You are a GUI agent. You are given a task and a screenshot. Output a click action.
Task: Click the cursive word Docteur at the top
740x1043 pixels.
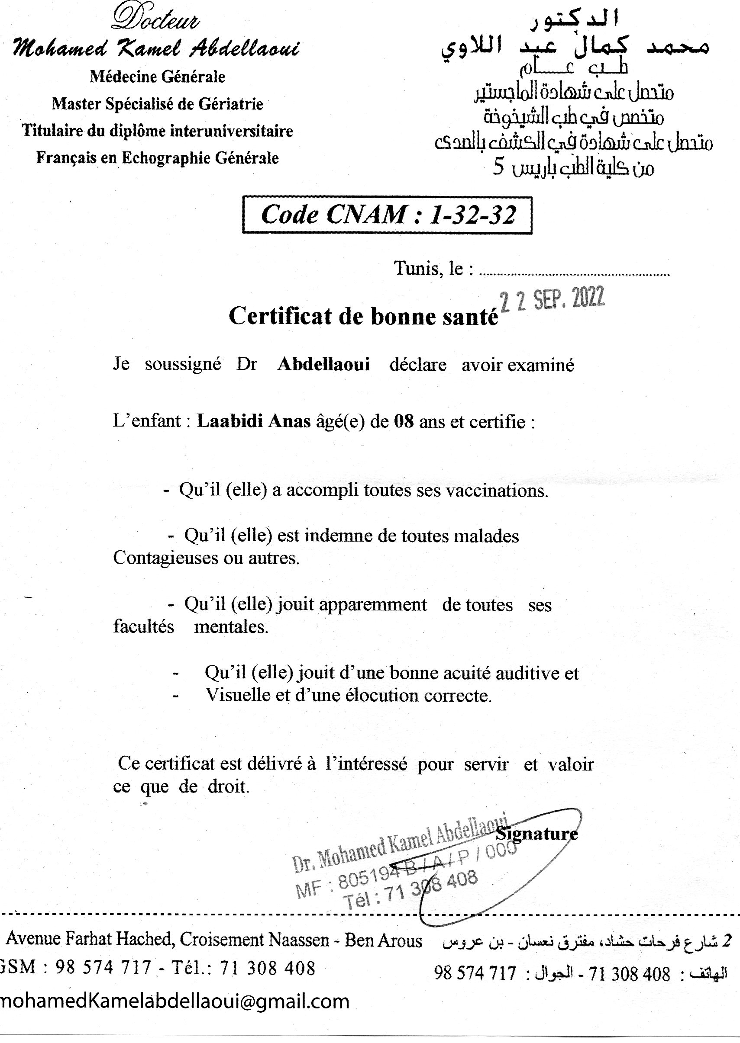click(x=155, y=20)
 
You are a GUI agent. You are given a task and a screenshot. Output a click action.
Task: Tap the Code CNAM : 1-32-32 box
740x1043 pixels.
click(x=387, y=215)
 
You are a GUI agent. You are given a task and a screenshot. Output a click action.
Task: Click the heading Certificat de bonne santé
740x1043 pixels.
click(x=364, y=316)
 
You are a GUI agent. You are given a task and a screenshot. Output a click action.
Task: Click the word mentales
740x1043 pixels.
click(x=231, y=627)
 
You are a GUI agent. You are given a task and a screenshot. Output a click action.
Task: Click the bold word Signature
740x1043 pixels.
click(x=536, y=834)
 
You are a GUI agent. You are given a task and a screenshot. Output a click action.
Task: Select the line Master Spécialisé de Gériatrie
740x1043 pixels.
click(x=157, y=104)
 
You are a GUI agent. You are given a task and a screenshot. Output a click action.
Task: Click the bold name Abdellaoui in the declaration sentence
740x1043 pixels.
click(x=323, y=365)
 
